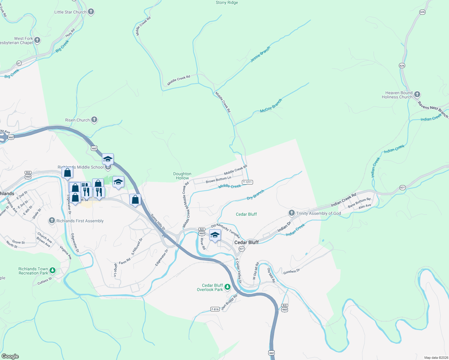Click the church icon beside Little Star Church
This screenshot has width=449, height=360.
[x=91, y=12]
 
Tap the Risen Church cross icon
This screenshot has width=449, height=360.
[x=94, y=120]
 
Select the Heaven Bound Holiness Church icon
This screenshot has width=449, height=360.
[x=417, y=95]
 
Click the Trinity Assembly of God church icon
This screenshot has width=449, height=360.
[x=291, y=213]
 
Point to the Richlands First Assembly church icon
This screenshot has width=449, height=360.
[x=52, y=221]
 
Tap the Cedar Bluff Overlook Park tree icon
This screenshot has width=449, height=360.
[x=228, y=287]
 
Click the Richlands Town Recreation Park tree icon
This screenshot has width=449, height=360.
[x=53, y=271]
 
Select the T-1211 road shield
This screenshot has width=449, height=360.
[x=247, y=182]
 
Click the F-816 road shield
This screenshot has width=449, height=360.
[x=215, y=309]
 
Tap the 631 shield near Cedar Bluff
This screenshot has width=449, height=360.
[x=242, y=249]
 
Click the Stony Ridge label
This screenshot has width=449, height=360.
[x=227, y=3]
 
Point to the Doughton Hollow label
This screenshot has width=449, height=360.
[x=182, y=176]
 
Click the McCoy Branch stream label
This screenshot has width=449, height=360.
[x=271, y=106]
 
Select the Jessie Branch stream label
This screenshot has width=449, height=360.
[x=260, y=54]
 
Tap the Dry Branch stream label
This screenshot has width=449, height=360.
[x=255, y=195]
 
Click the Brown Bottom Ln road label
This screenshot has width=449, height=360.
[x=218, y=180]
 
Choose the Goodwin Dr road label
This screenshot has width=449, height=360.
[x=291, y=271]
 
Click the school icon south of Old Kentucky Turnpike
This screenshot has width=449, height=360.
[x=215, y=235]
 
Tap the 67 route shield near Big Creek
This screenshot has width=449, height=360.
[x=19, y=63]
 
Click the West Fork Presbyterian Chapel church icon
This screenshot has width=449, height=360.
[x=37, y=40]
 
